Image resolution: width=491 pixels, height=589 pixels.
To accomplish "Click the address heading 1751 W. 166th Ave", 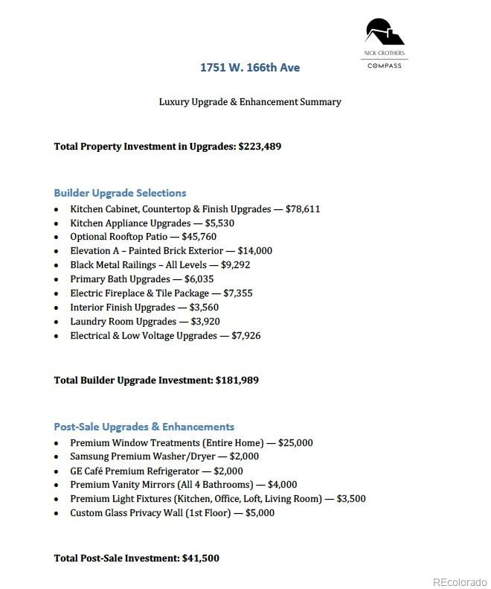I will pos(250,68).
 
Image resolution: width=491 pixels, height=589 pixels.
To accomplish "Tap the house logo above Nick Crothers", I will pos(384,33).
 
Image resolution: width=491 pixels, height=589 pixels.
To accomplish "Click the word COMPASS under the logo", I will pos(384,66).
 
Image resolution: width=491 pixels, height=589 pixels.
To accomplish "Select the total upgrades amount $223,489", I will pos(260,147).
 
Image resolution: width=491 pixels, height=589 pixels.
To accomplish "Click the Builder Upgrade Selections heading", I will pos(120,193).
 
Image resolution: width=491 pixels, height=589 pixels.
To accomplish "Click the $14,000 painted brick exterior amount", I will pos(255,251).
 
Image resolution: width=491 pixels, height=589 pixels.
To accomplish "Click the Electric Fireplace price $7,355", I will pos(238,293).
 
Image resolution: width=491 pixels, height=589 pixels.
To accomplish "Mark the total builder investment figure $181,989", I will pos(237,381).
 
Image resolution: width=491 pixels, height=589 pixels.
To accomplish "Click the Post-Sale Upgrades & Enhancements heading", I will pos(144,427).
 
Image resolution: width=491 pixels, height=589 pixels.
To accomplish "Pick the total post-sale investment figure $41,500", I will pos(200,558).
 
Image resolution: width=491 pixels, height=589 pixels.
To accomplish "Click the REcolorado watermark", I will pos(460,582).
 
